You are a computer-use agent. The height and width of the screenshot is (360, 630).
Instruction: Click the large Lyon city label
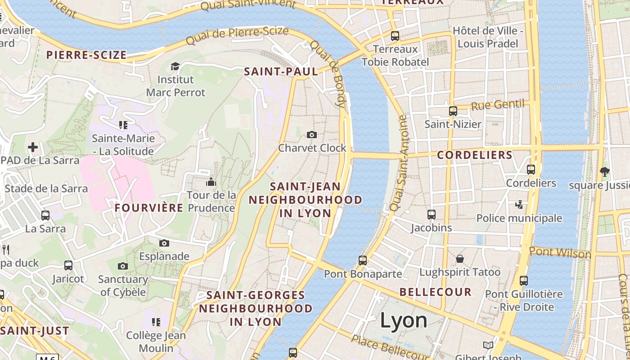404,320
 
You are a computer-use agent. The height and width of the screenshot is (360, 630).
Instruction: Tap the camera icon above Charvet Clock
311,135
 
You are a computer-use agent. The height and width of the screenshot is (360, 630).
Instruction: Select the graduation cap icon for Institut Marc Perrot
175,67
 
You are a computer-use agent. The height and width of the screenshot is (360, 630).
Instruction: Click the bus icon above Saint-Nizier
453,111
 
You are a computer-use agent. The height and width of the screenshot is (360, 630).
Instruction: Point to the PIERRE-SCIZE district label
86,55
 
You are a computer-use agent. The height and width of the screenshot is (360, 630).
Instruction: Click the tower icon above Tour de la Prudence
211,182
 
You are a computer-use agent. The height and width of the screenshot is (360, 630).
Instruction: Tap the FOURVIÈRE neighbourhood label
148,207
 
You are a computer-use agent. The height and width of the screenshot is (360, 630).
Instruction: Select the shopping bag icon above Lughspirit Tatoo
459,259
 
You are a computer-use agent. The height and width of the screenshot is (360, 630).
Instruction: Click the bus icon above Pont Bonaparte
363,260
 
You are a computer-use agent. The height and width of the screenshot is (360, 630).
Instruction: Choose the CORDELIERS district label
475,155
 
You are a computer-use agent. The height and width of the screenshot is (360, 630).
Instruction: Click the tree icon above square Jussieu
604,171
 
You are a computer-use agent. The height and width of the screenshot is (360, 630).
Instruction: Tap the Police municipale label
519,218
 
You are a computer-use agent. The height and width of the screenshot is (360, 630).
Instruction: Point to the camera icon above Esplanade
164,243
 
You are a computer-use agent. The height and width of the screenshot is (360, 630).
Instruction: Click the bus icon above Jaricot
68,265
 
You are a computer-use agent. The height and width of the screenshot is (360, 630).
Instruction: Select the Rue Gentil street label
498,105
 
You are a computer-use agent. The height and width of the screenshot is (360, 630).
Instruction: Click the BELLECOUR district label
435,292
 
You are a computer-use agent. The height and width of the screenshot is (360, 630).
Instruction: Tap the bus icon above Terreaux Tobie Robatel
395,36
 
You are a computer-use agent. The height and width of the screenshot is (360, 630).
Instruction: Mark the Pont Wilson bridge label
560,252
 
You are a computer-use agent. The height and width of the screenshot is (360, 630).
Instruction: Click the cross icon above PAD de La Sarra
33,147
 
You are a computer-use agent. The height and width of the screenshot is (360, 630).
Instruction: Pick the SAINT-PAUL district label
281,71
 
